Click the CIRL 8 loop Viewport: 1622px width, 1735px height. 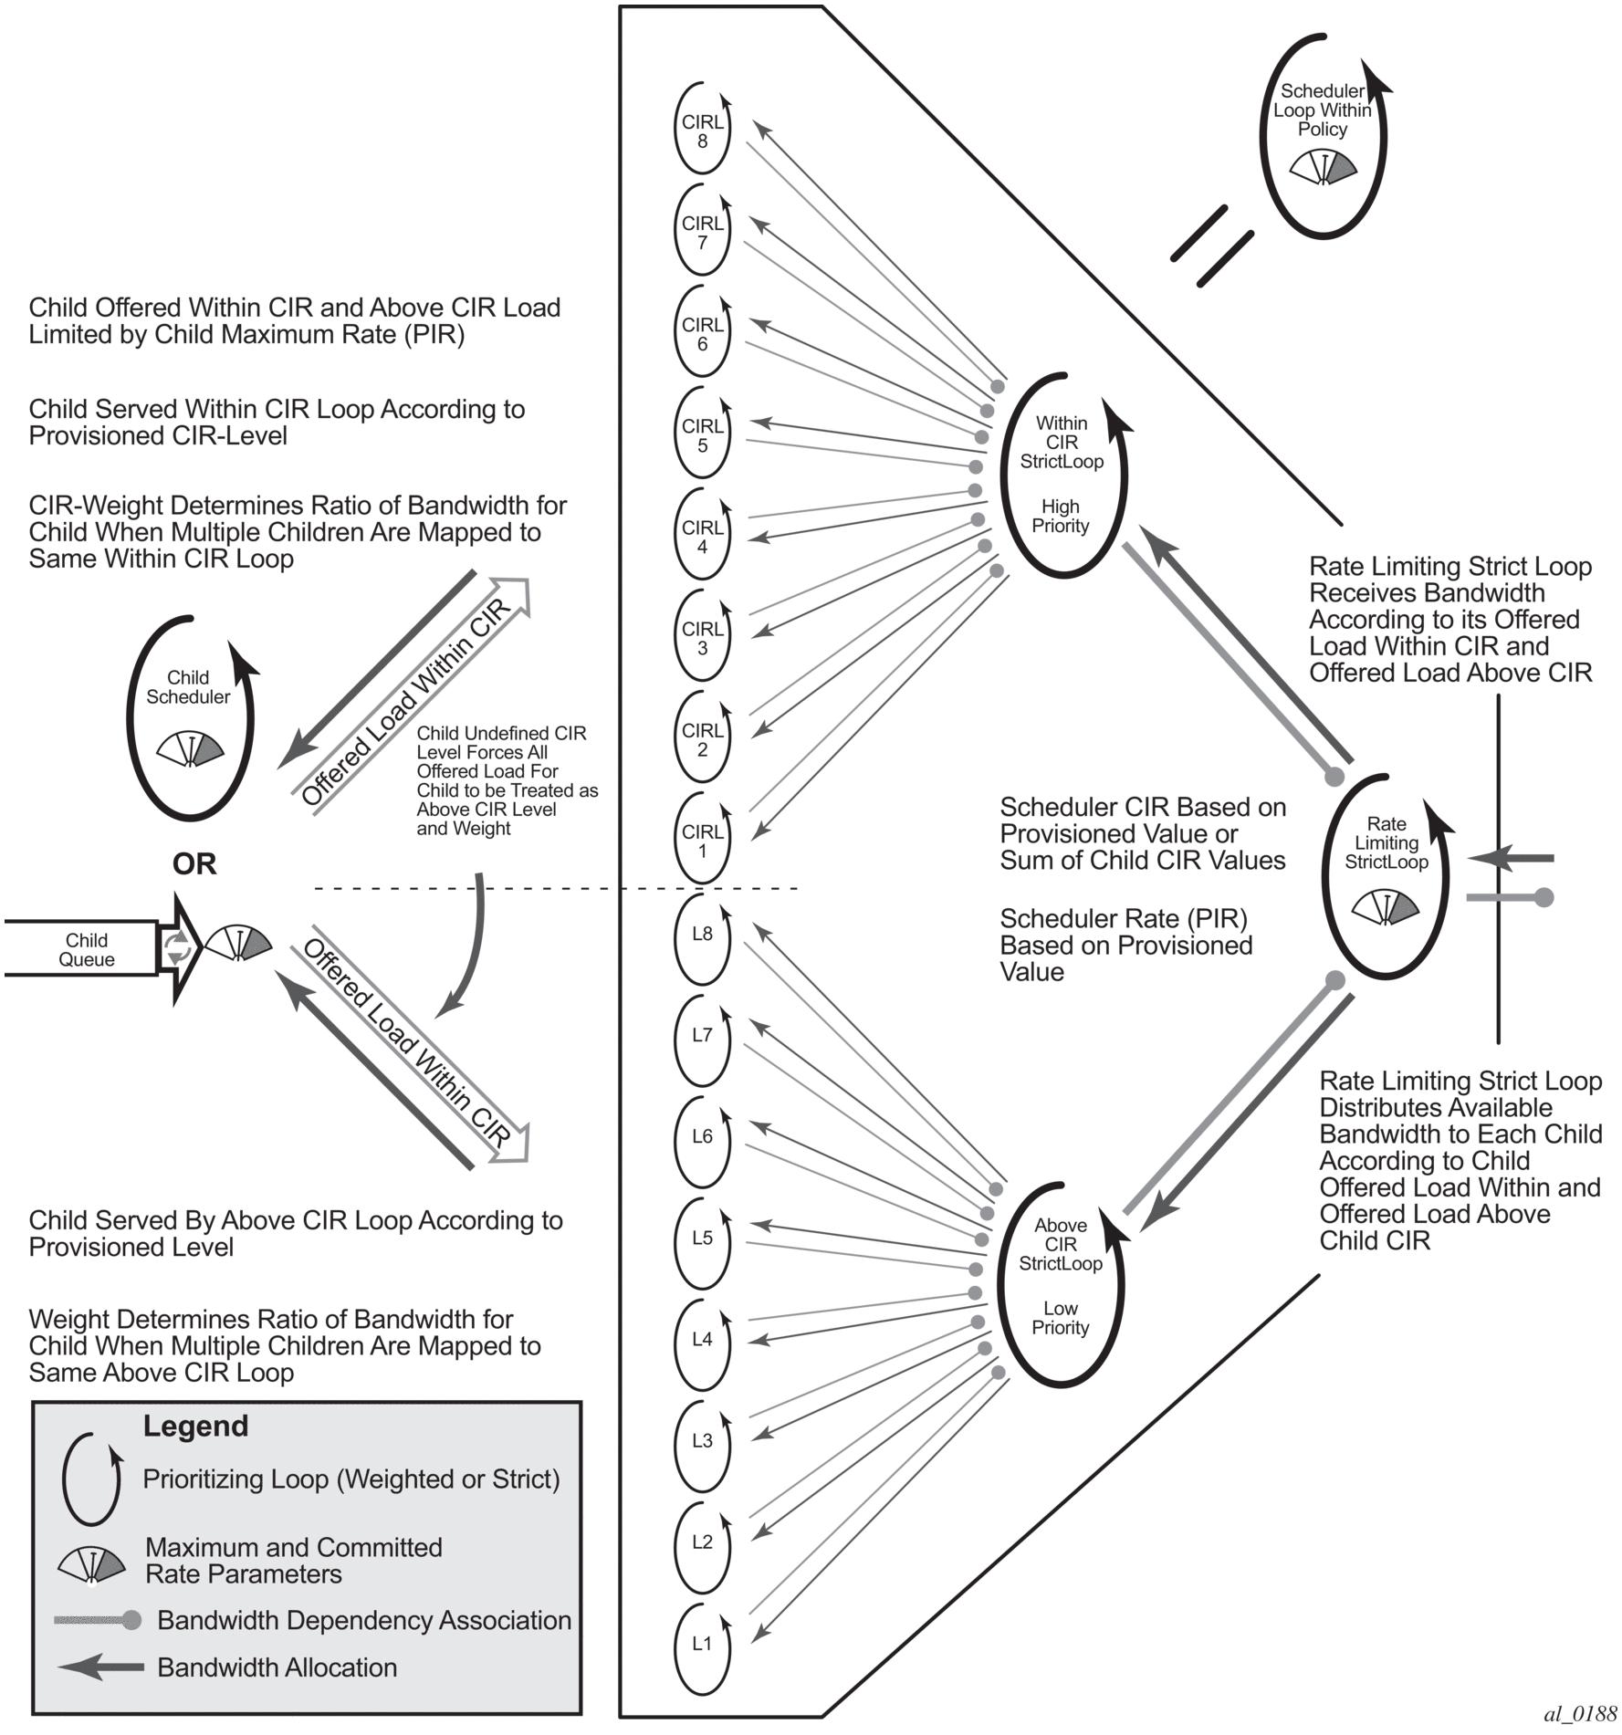click(x=702, y=131)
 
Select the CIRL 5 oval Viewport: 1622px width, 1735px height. click(x=702, y=435)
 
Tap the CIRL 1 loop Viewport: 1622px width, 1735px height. click(x=702, y=841)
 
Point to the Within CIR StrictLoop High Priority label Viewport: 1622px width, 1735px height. click(x=1061, y=474)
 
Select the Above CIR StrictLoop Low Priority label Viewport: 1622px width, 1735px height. click(x=1061, y=1276)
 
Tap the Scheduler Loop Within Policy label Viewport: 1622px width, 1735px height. click(x=1323, y=110)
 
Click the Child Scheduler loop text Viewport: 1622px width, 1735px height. click(x=188, y=687)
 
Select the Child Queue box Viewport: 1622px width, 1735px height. click(x=87, y=949)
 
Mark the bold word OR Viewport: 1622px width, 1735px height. click(x=194, y=864)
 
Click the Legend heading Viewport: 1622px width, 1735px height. click(x=195, y=1426)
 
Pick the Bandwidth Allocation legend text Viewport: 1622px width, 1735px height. click(x=277, y=1667)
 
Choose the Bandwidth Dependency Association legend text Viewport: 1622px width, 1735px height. click(x=364, y=1620)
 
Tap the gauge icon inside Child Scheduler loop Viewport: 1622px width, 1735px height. click(x=191, y=748)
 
